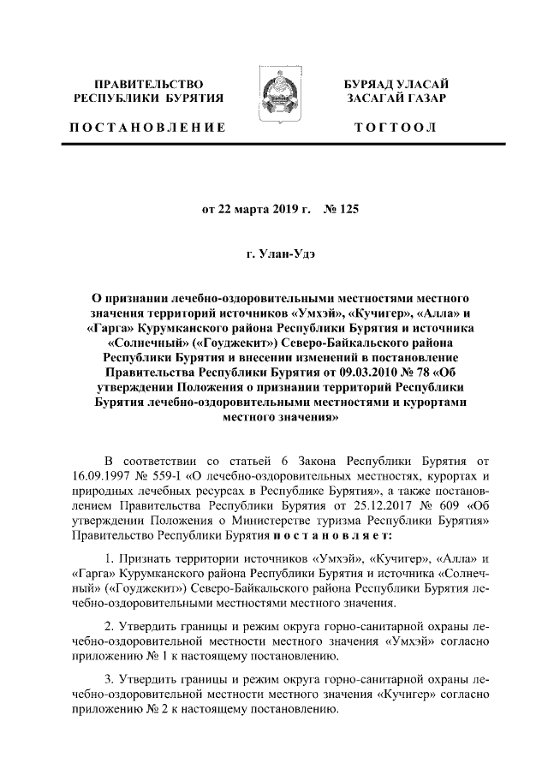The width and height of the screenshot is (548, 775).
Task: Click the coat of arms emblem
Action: (x=274, y=102)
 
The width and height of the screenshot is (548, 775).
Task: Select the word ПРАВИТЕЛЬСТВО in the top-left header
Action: (x=148, y=85)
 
